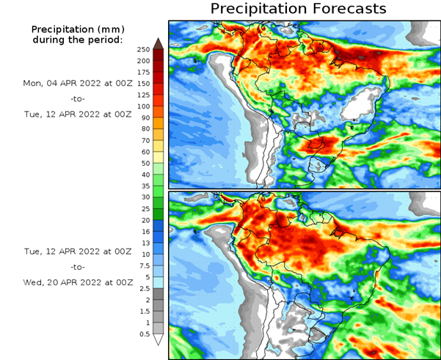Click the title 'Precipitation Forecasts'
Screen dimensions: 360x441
coord(298,9)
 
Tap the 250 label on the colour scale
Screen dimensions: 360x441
coord(143,49)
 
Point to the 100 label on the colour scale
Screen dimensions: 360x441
coord(143,106)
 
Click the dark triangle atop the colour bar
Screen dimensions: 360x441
coord(158,43)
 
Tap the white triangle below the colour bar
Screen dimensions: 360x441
coord(158,339)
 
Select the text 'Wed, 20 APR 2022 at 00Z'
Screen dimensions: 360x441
coord(78,282)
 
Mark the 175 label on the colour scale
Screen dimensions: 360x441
coord(143,72)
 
